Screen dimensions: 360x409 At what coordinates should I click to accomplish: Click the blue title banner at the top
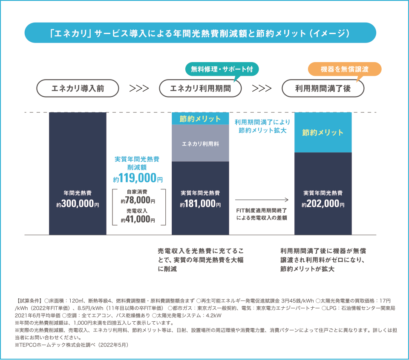click(200, 33)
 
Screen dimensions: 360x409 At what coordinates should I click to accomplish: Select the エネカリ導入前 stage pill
click(78, 89)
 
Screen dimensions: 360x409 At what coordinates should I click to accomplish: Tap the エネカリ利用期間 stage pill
click(200, 89)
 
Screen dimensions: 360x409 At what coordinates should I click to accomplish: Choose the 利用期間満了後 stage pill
click(323, 89)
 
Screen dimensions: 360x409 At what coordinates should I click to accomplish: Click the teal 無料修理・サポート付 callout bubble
click(222, 69)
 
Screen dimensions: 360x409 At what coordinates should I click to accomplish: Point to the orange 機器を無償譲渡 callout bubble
click(344, 69)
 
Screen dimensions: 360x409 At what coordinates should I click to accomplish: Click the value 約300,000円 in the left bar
click(78, 204)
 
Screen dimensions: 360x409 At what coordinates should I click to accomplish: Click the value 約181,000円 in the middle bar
click(200, 204)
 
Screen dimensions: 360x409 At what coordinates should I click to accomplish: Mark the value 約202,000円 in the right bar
click(323, 204)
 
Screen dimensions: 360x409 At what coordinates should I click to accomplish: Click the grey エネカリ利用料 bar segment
click(200, 143)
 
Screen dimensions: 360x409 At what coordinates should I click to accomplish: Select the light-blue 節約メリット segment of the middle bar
click(200, 119)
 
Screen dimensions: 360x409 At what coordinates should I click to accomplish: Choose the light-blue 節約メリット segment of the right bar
click(323, 132)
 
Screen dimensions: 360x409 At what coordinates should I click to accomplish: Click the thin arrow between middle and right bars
click(262, 199)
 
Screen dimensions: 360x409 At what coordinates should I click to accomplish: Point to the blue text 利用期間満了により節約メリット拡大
click(262, 126)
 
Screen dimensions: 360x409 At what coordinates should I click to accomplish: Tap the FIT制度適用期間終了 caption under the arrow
click(262, 214)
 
